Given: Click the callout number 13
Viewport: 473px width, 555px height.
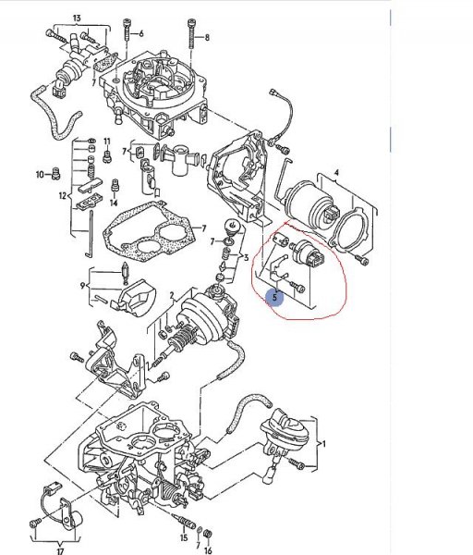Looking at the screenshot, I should [x=77, y=18].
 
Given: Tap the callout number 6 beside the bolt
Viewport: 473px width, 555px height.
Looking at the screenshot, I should [x=142, y=35].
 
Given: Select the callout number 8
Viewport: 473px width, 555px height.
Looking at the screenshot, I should [x=207, y=37].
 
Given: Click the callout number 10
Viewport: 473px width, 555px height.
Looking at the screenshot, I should [x=40, y=173].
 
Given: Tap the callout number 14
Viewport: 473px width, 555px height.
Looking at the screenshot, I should [x=115, y=203].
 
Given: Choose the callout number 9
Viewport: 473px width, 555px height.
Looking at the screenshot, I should [x=82, y=284].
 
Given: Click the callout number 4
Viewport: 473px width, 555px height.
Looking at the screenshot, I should [x=336, y=173].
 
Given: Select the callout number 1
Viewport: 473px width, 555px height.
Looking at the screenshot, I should [x=324, y=445].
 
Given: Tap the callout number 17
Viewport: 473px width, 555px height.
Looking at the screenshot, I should [x=60, y=550].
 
